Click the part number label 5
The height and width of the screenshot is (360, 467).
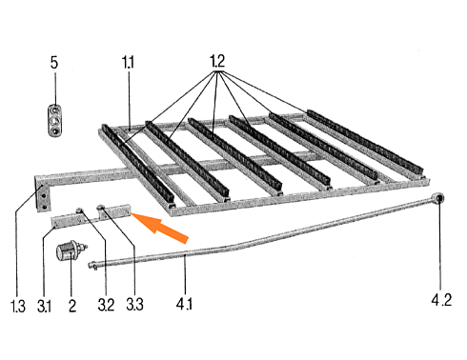tap(54, 63)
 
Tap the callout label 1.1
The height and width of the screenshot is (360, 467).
tap(129, 62)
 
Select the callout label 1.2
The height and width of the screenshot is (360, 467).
tap(217, 61)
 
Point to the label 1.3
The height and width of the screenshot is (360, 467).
tap(18, 306)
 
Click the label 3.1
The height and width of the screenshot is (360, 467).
tap(44, 306)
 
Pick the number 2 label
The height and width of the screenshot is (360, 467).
tap(72, 306)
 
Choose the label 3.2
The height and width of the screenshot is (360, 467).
tap(106, 305)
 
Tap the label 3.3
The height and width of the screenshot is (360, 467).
tap(134, 304)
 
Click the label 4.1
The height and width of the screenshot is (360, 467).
tap(184, 304)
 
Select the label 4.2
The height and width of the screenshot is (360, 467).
tap(441, 300)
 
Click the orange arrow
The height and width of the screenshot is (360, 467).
tap(159, 227)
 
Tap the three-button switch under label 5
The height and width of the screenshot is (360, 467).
tap(55, 121)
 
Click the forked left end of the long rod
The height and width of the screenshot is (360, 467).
tap(92, 265)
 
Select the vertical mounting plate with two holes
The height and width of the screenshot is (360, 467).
tap(43, 196)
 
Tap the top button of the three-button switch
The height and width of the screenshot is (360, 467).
tap(55, 110)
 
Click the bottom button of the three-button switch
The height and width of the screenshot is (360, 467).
tap(55, 130)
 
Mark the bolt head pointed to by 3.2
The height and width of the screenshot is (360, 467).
tap(80, 210)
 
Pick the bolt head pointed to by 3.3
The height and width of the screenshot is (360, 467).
tap(101, 208)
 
